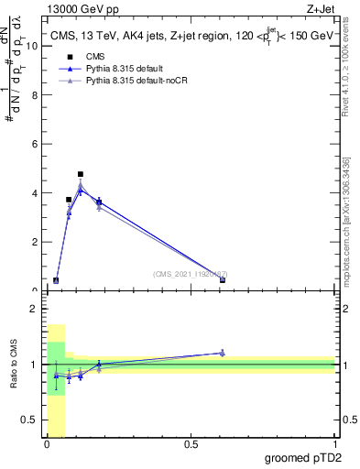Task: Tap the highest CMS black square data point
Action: [81, 174]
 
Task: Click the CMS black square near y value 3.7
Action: [69, 200]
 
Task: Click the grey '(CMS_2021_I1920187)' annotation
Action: [190, 274]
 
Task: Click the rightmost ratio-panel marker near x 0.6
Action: [223, 353]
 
